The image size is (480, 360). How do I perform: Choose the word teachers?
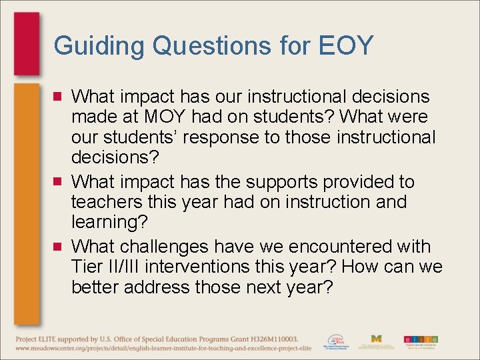tap(103, 202)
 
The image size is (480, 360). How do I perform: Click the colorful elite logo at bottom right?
tap(421, 341)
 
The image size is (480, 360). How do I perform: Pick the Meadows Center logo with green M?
tap(376, 341)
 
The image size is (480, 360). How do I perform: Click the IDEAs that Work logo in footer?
tap(336, 341)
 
